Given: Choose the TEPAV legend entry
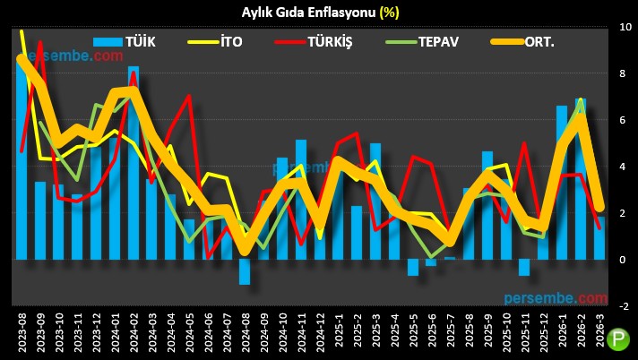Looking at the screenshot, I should (420, 41).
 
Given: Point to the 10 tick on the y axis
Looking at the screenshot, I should (625, 28).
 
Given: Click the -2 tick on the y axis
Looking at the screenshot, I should (625, 305).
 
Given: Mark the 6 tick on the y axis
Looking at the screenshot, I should (625, 120).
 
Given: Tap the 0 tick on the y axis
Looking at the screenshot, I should (625, 260).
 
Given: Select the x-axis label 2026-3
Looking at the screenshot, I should (600, 332).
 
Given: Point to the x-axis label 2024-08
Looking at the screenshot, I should (245, 332).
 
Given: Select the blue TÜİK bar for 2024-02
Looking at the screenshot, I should (134, 161).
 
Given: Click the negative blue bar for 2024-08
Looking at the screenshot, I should (245, 271).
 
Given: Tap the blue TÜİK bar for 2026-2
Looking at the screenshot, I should (582, 179).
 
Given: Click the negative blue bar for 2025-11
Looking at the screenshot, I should (525, 267).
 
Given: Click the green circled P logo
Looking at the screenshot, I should (618, 340).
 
